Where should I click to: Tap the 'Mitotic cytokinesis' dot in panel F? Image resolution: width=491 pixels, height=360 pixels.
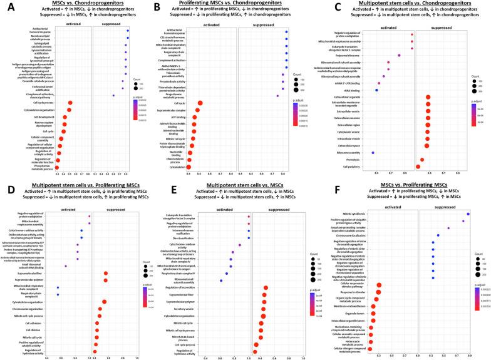(x=468, y=215)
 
